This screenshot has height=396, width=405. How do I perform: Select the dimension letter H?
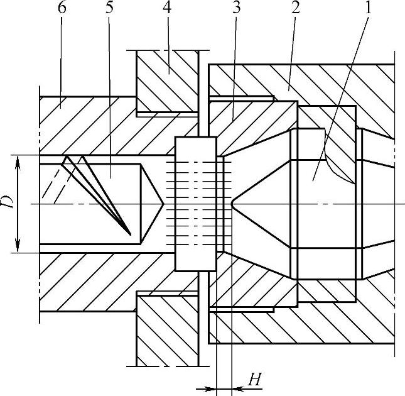254,379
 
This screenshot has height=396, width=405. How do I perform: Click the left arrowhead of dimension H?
211,388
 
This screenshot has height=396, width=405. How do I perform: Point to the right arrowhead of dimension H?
237,388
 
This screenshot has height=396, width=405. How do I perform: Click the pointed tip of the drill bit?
164,204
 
